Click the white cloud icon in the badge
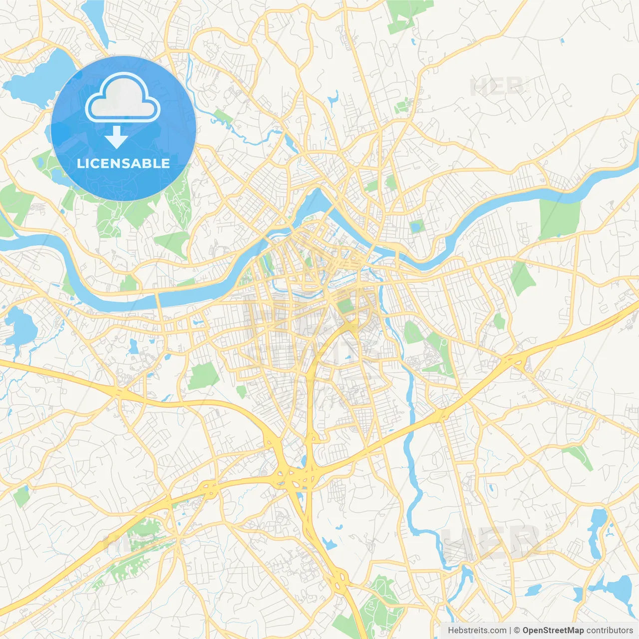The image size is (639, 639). pyautogui.click(x=123, y=98)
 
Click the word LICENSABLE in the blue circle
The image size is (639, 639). pyautogui.click(x=123, y=163)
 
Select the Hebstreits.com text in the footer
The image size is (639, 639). pyautogui.click(x=477, y=631)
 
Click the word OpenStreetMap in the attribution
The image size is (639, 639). pyautogui.click(x=553, y=631)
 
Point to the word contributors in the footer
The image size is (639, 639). pyautogui.click(x=610, y=631)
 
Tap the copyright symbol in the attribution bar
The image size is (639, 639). pyautogui.click(x=517, y=631)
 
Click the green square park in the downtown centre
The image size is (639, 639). pyautogui.click(x=344, y=305)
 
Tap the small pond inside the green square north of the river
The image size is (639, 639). pyautogui.click(x=415, y=228)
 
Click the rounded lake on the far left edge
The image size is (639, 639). pyautogui.click(x=20, y=327)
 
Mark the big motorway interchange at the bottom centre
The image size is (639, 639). pyautogui.click(x=295, y=477)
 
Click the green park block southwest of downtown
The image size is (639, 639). pyautogui.click(x=204, y=376)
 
